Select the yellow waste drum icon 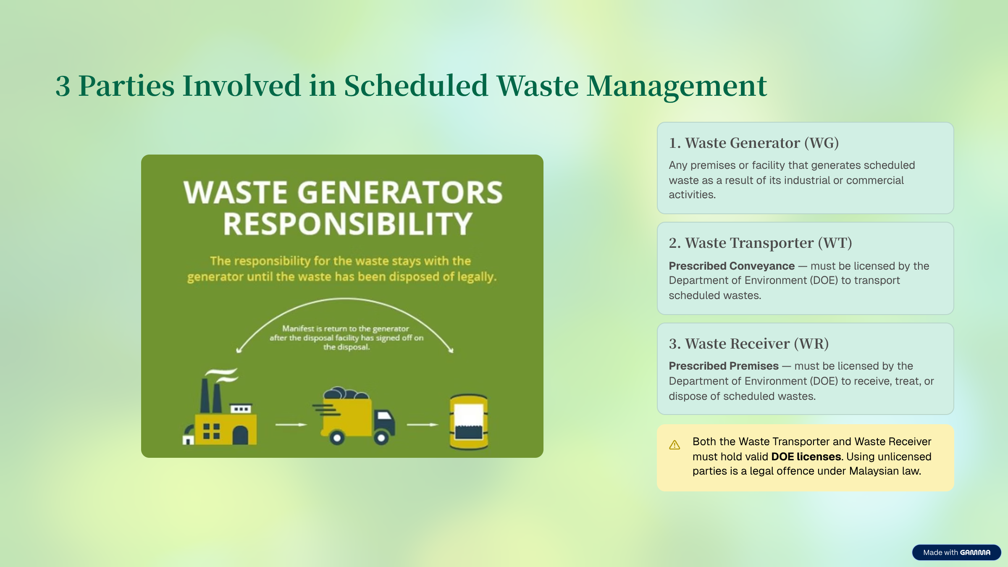coord(469,422)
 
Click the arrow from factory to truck coord(291,425)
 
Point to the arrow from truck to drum coord(423,425)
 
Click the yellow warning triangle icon coord(675,445)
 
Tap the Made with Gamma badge coord(956,552)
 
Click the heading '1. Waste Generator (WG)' coord(754,143)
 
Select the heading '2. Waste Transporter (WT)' coord(760,243)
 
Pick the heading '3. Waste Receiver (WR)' coord(749,344)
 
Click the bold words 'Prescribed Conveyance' coord(732,266)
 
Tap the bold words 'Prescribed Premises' coord(724,366)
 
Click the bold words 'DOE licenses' coord(806,457)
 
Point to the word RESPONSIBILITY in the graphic coord(348,224)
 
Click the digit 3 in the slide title coord(63,86)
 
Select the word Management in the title coord(677,86)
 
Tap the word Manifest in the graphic coord(298,328)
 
